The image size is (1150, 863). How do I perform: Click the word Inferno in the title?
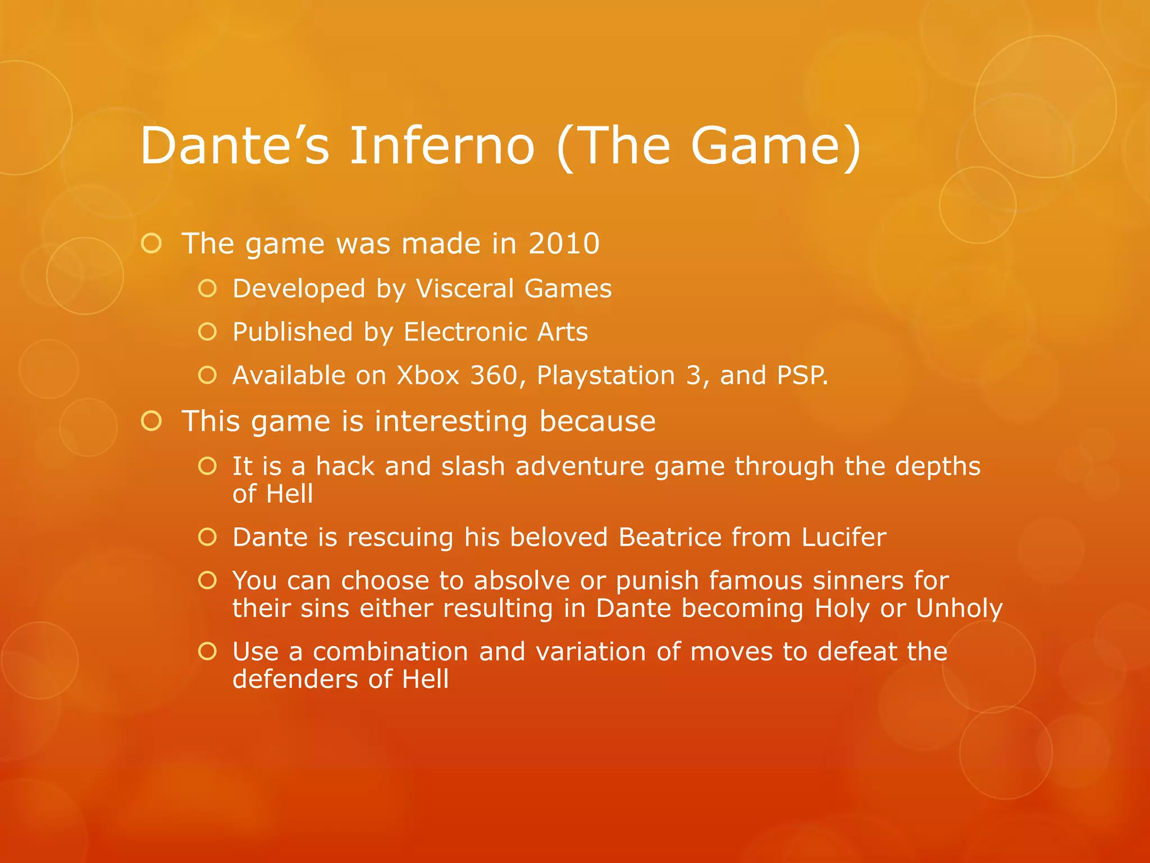[442, 146]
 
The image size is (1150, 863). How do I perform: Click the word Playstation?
[605, 376]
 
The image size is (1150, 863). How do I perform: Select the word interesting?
[451, 421]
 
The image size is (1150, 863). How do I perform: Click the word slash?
[473, 466]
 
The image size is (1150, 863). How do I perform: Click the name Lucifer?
[844, 537]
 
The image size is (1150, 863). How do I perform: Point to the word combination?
[390, 652]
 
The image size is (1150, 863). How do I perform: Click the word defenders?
[295, 679]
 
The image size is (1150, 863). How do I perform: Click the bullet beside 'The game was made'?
[152, 244]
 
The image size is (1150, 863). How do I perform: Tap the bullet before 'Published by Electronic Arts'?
[207, 332]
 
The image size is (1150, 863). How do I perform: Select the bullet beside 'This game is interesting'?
[152, 421]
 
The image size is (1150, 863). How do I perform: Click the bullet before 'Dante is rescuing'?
[207, 537]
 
